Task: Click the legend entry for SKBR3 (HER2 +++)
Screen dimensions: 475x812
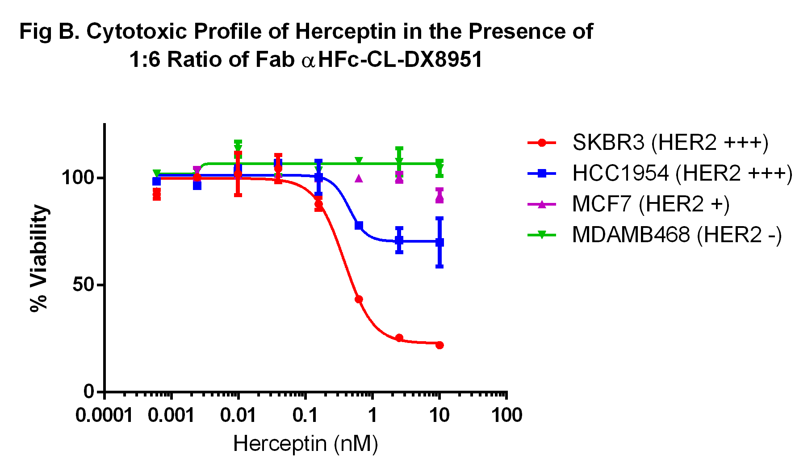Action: pyautogui.click(x=670, y=143)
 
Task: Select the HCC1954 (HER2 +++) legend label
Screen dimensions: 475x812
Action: pyautogui.click(x=682, y=173)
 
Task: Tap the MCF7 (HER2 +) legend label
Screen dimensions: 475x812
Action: pyautogui.click(x=651, y=204)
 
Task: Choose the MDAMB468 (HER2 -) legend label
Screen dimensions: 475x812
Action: pyautogui.click(x=677, y=235)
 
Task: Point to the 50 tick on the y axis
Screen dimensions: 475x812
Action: pyautogui.click(x=84, y=285)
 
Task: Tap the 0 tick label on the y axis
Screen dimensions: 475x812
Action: pyautogui.click(x=89, y=392)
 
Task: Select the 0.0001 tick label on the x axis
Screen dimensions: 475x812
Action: pyautogui.click(x=104, y=415)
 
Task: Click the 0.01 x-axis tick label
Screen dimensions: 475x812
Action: pyautogui.click(x=238, y=415)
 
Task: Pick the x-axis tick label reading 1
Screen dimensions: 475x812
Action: pyautogui.click(x=372, y=415)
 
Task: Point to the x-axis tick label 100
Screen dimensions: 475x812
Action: pyautogui.click(x=506, y=415)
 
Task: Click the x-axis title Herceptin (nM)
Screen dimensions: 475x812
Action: pyautogui.click(x=306, y=444)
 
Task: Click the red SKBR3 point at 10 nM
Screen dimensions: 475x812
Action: pyautogui.click(x=439, y=345)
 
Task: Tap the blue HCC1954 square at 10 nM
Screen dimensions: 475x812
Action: pyautogui.click(x=439, y=242)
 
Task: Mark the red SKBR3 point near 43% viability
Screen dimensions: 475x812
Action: pyautogui.click(x=358, y=299)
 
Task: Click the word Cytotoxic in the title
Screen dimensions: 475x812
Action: pyautogui.click(x=136, y=32)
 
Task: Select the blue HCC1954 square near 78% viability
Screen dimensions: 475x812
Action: pyautogui.click(x=359, y=226)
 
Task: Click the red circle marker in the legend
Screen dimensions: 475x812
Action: pyautogui.click(x=542, y=143)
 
